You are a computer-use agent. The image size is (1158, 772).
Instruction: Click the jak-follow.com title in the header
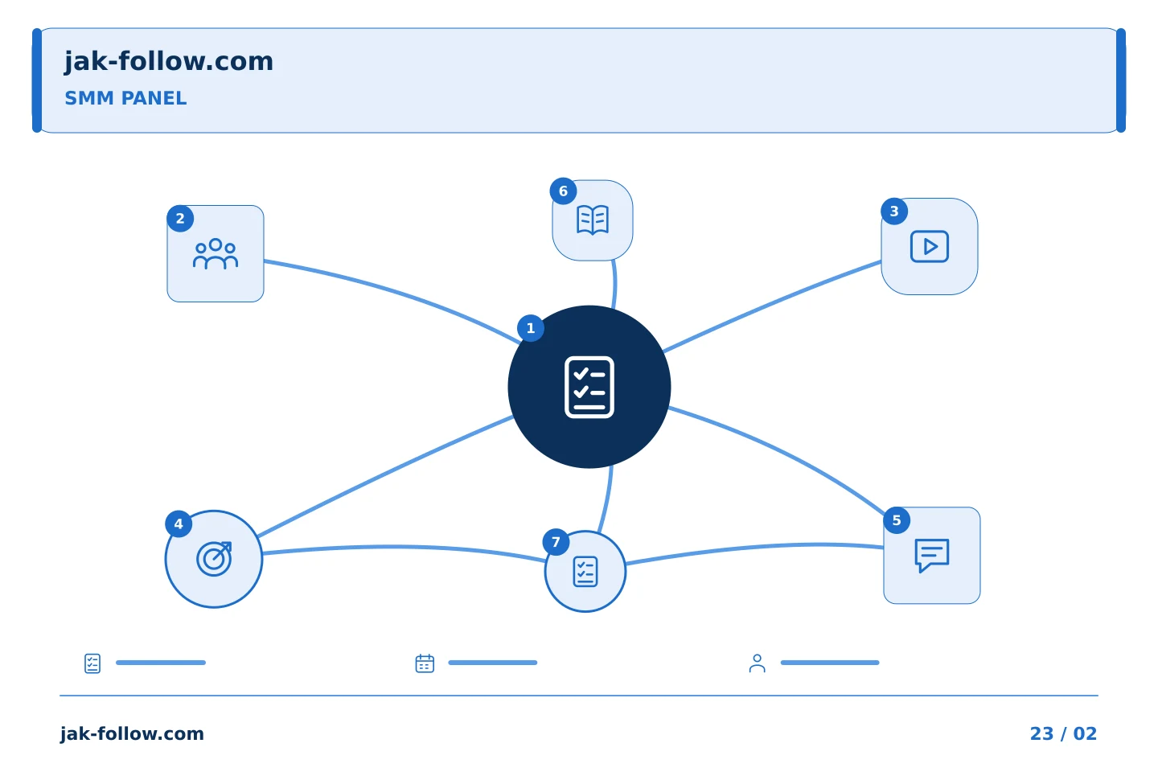[x=169, y=62]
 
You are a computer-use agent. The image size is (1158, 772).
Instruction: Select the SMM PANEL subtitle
[x=125, y=98]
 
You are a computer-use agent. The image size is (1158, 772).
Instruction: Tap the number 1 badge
[x=531, y=328]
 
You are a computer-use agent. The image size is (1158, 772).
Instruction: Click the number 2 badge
[x=180, y=219]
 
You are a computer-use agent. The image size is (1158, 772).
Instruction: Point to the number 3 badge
[x=894, y=211]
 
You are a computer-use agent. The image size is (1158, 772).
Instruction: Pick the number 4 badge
[x=179, y=524]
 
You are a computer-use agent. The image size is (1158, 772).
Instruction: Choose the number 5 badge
[x=897, y=521]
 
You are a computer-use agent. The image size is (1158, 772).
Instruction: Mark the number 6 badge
[x=563, y=191]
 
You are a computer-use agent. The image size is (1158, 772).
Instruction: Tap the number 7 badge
[x=556, y=542]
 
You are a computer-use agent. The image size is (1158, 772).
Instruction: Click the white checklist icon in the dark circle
[x=589, y=387]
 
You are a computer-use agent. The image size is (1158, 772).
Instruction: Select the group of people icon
[x=216, y=253]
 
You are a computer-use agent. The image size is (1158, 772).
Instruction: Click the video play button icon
[x=930, y=247]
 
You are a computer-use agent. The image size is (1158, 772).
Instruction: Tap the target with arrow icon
[x=214, y=559]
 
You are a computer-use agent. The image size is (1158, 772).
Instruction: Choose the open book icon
[x=593, y=220]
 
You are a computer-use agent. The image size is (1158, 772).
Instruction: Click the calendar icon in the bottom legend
[x=425, y=663]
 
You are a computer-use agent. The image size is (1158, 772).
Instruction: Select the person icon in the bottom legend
[x=758, y=663]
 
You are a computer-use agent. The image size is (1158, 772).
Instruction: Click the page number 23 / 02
[x=1063, y=733]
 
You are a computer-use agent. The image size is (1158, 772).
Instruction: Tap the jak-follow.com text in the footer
[x=132, y=734]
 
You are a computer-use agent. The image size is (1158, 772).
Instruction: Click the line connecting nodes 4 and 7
[x=403, y=547]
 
